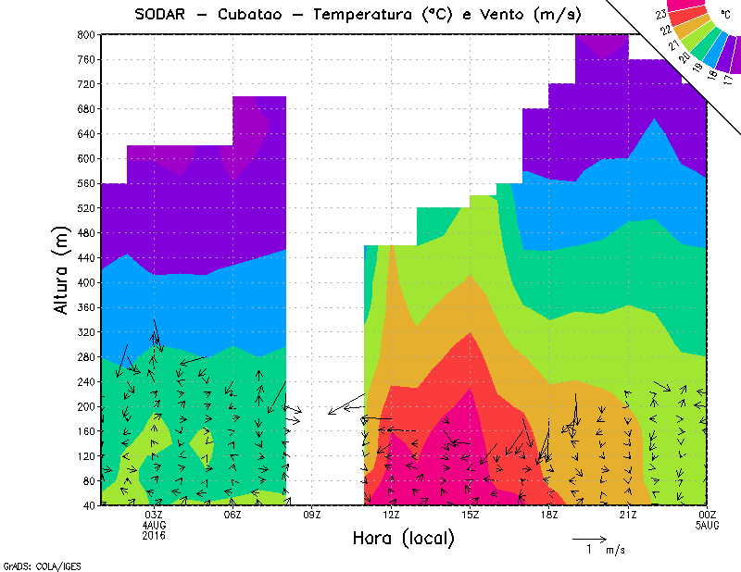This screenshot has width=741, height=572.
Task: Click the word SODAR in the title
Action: (165, 15)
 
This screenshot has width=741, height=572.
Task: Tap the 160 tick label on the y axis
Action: (86, 431)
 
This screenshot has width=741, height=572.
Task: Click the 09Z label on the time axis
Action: (312, 515)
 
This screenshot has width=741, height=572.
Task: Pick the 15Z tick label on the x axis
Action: (471, 515)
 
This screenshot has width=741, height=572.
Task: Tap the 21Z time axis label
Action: (629, 515)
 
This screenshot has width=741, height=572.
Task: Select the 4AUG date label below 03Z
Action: (154, 525)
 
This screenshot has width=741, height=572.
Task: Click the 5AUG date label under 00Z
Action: (708, 525)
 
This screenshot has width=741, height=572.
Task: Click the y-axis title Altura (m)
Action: (61, 269)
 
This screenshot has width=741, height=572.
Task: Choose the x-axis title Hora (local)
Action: (403, 538)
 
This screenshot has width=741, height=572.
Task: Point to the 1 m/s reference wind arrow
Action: (589, 538)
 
